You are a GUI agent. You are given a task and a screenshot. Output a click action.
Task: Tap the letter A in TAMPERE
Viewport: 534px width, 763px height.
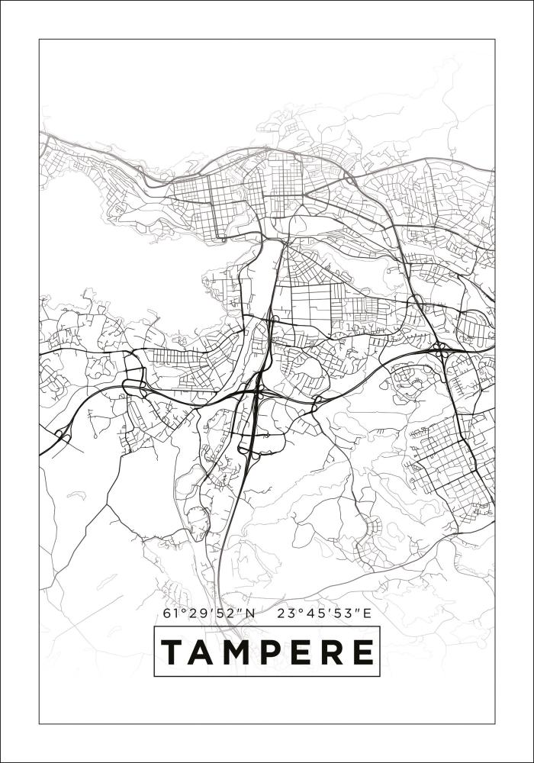(202, 652)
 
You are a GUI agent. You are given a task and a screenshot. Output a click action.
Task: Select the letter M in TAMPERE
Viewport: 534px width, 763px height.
(236, 652)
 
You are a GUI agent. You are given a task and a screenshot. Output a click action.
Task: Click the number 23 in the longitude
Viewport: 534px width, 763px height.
(285, 613)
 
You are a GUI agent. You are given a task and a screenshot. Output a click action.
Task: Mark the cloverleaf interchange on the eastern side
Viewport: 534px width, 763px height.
(441, 352)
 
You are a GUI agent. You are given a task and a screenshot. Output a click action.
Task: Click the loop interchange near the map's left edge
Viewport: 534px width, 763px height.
(62, 436)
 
